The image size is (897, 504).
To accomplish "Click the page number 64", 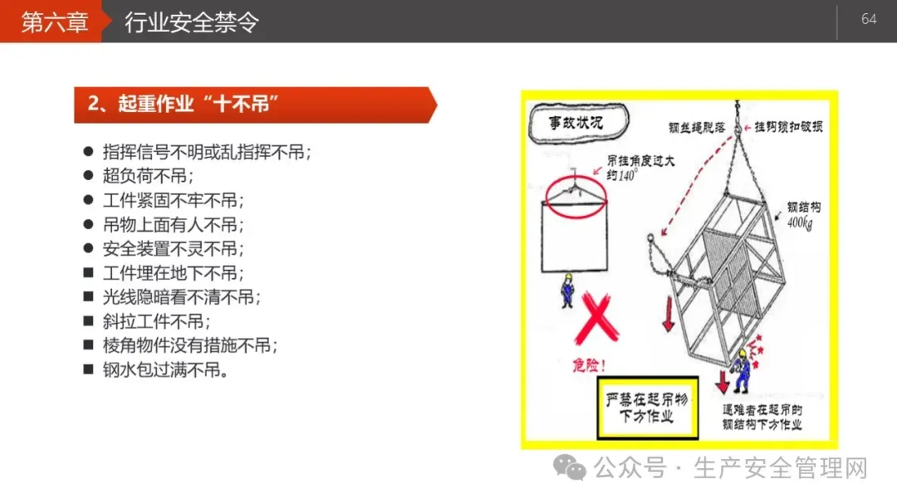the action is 869,19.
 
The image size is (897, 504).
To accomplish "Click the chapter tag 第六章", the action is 54,22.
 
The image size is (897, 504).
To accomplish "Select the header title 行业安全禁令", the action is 192,22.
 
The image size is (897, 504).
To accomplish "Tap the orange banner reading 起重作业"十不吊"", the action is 255,105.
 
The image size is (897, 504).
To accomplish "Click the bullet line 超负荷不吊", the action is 148,176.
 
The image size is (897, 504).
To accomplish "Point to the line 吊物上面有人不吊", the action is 174,224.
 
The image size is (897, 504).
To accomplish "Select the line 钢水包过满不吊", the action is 166,369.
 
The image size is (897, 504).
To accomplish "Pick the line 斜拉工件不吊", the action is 156,321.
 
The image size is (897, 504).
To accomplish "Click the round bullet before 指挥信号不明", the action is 88,152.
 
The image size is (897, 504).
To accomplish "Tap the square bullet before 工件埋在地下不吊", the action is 88,272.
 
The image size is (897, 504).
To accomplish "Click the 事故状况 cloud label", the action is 578,122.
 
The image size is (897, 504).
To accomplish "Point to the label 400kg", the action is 800,223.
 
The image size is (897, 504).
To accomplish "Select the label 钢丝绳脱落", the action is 696,128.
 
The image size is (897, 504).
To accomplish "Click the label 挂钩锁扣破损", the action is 788,126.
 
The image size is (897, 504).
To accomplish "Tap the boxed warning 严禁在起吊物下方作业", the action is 648,408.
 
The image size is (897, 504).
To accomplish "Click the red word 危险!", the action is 588,365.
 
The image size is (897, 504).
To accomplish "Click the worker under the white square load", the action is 567,291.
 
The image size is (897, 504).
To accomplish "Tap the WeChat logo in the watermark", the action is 569,467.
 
